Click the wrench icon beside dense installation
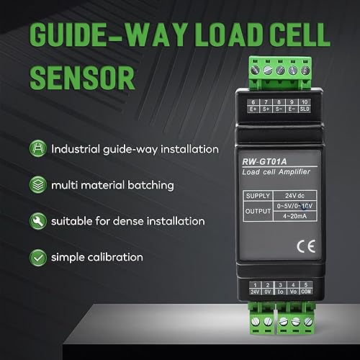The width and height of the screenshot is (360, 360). [35, 220]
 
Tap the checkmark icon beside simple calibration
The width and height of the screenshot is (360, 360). [35, 256]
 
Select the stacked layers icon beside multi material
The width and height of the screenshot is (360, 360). [35, 185]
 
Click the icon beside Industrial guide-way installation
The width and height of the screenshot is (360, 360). [35, 149]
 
